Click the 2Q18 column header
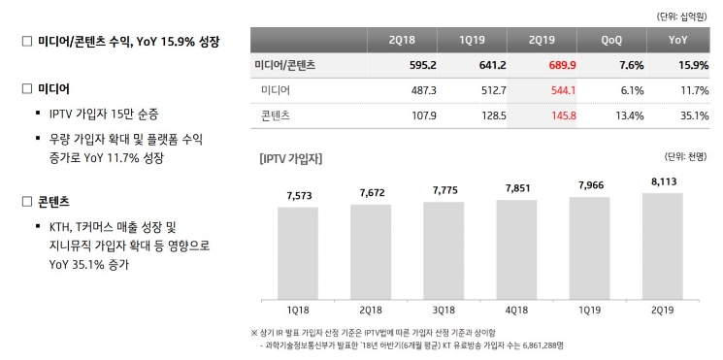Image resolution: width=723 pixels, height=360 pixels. click(402, 41)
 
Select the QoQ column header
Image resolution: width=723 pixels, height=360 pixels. click(613, 41)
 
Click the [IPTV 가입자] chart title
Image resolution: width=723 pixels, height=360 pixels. click(291, 157)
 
